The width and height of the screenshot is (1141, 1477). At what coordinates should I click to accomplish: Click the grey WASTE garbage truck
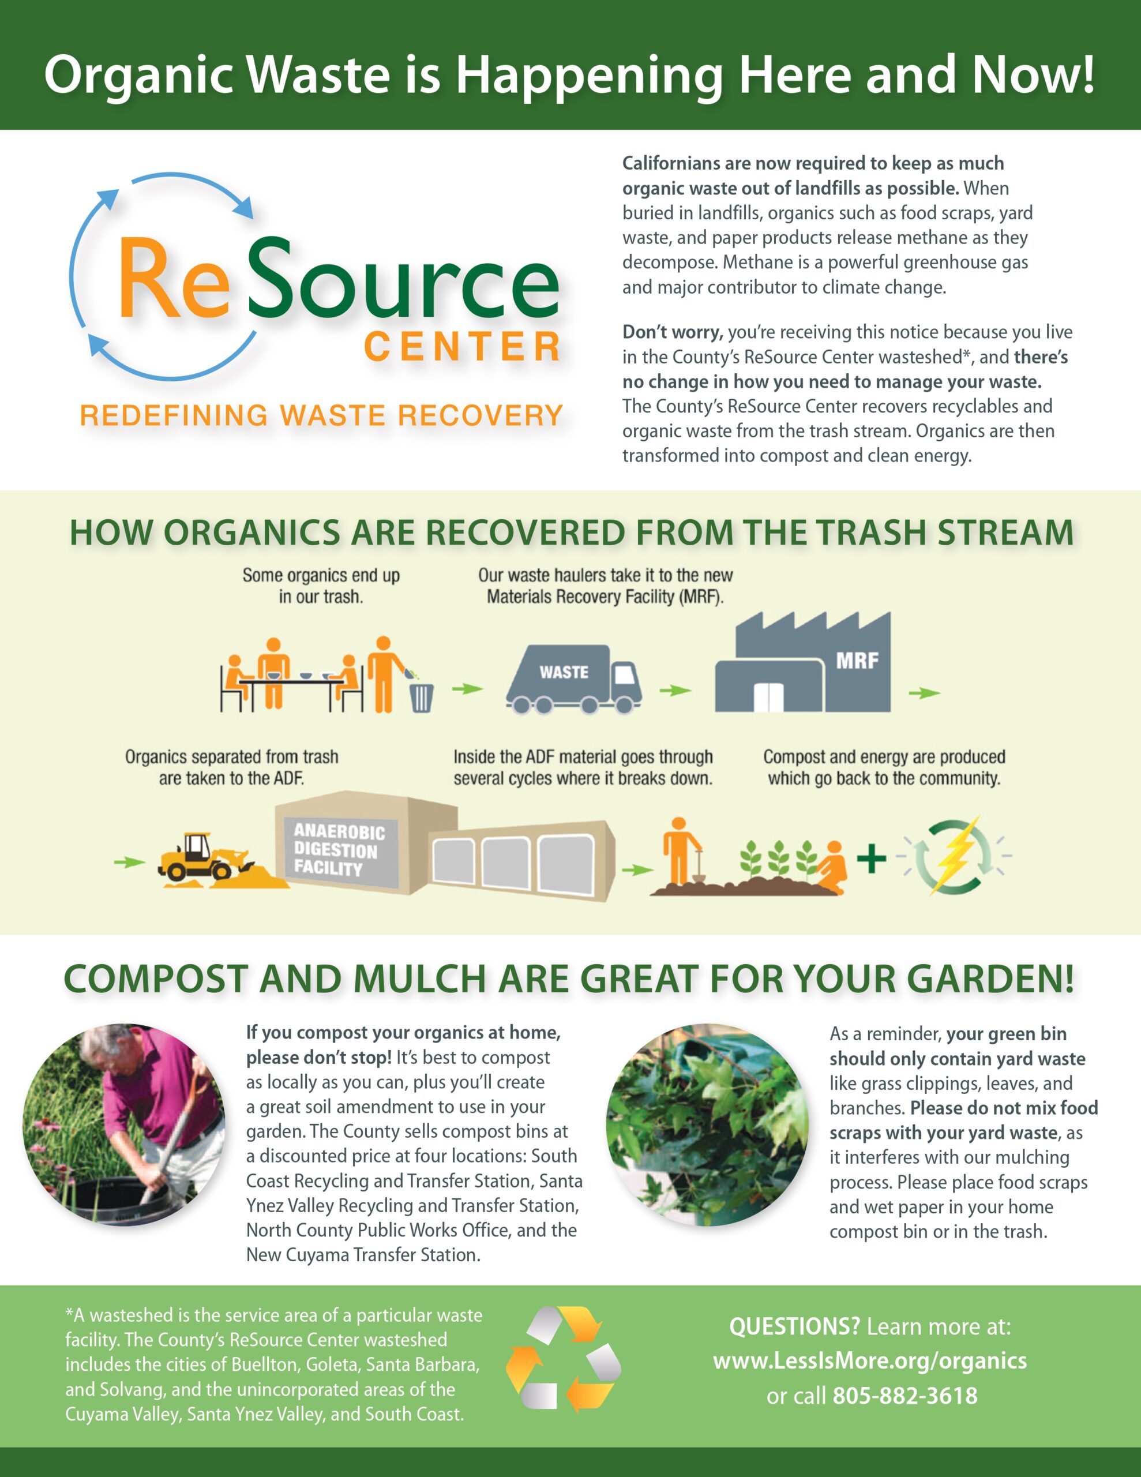(573, 679)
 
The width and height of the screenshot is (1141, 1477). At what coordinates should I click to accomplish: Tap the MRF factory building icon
(803, 662)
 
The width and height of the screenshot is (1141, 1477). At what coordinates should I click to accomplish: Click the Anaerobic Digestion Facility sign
(340, 850)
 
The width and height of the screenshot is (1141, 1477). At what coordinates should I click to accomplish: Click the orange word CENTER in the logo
(463, 347)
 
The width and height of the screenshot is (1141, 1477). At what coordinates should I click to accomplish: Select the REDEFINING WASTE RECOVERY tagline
(321, 415)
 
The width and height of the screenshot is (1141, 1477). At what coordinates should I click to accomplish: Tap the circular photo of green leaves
(707, 1124)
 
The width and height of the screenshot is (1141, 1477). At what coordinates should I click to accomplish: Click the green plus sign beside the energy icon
(872, 859)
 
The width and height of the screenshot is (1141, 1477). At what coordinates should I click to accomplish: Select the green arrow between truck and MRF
(675, 691)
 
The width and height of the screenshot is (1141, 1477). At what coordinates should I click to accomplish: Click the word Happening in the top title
(589, 75)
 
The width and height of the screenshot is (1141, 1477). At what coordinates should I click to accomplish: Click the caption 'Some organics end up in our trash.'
(321, 586)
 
